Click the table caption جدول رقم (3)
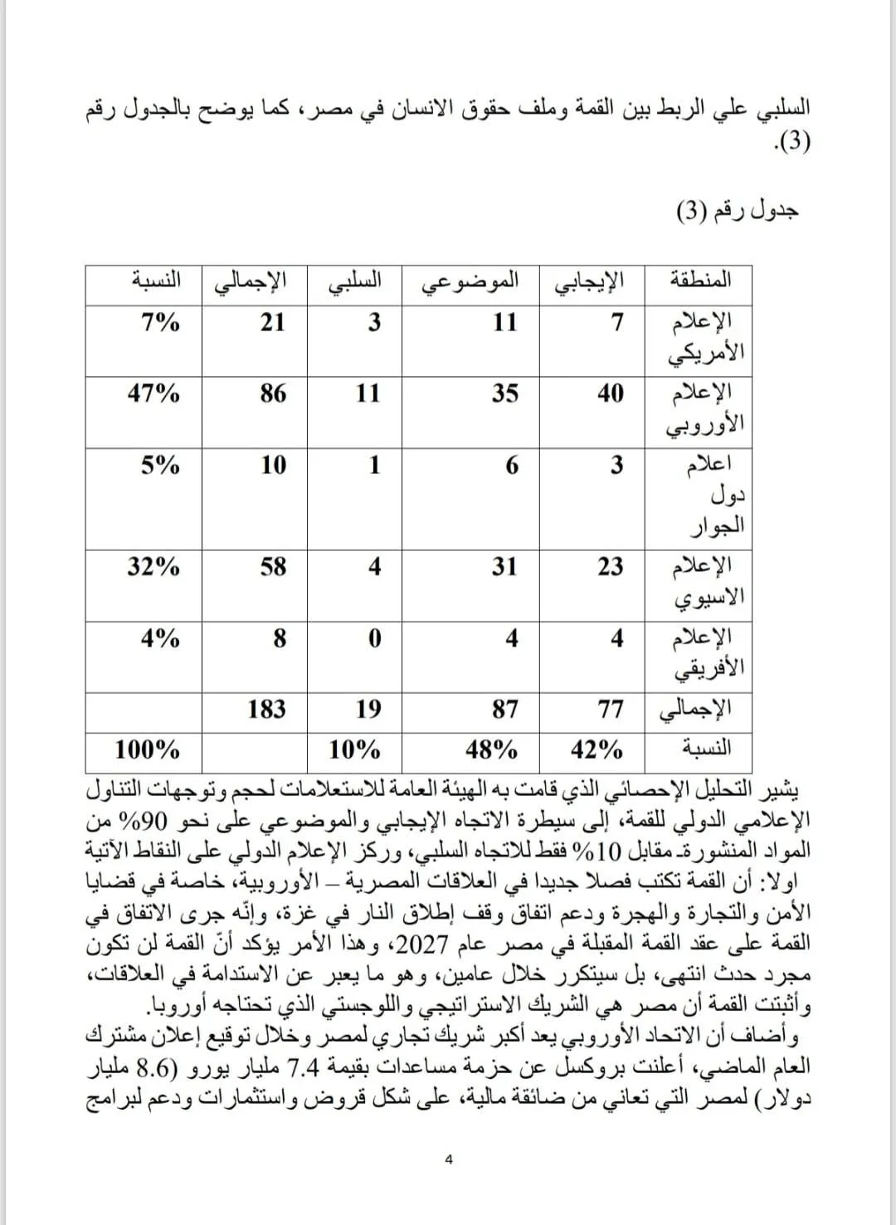tap(738, 210)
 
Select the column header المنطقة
tap(700, 279)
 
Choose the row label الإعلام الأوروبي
tap(705, 409)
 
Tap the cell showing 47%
tap(153, 393)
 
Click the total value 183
tap(266, 709)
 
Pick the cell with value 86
tap(273, 393)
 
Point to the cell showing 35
tap(504, 393)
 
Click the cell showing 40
tap(611, 393)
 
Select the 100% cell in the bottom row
tap(147, 750)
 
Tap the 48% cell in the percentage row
tap(491, 750)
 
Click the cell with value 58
tap(273, 567)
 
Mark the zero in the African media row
tap(374, 638)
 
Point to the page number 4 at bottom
tap(449, 1159)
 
